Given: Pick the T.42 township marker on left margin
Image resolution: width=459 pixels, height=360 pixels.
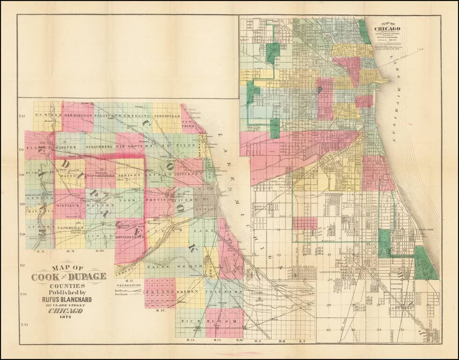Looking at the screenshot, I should (x=21, y=116).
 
